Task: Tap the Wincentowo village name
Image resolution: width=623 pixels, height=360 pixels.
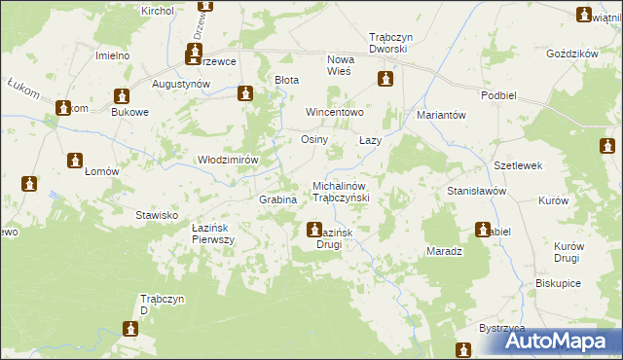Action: pos(335,112)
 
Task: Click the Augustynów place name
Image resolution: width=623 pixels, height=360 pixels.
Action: pos(182,85)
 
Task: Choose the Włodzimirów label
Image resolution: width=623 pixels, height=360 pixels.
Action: pos(228,160)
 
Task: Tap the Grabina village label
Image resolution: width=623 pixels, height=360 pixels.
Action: pos(277,199)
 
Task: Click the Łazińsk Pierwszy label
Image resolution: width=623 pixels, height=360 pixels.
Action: pos(213,233)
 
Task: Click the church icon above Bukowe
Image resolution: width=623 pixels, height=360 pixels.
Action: pos(122,96)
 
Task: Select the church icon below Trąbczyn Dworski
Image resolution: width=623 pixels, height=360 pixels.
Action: pos(386,78)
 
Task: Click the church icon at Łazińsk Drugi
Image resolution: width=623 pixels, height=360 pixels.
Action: pos(314,231)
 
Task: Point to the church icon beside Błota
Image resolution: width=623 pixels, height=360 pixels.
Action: pos(245,93)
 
